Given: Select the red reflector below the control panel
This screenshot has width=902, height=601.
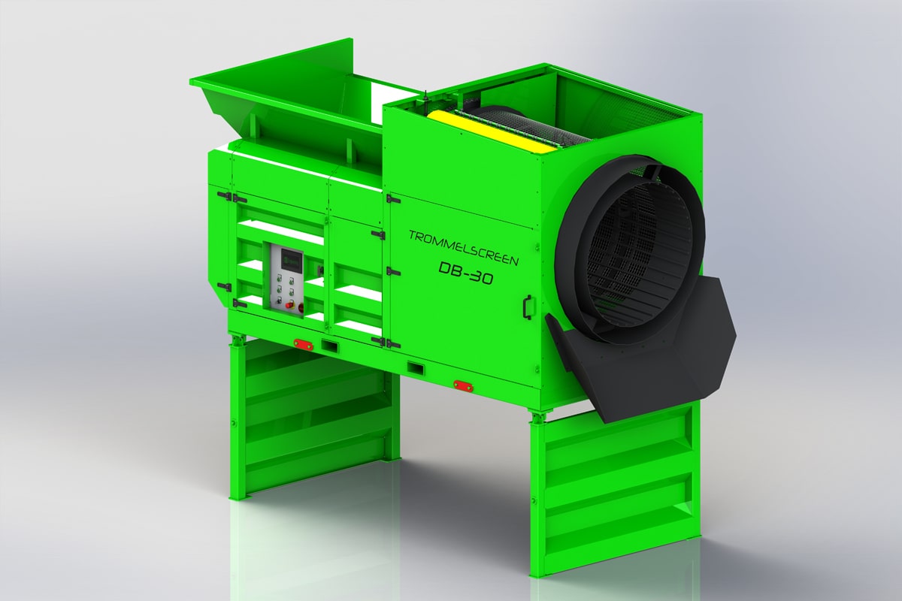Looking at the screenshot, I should tap(303, 343).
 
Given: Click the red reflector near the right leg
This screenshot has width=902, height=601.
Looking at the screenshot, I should tap(462, 385).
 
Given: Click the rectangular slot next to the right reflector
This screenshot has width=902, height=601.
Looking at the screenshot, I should tap(415, 368).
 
